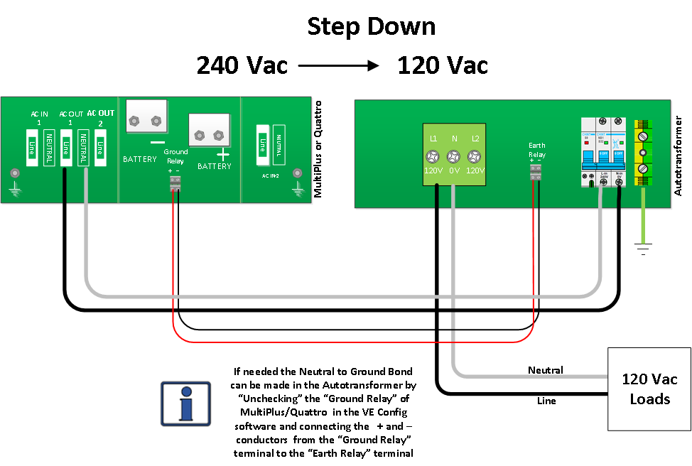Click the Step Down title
(x=371, y=27)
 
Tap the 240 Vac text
(x=242, y=65)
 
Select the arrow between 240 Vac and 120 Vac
(x=340, y=65)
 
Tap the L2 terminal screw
(x=475, y=157)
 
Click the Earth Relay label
(x=536, y=150)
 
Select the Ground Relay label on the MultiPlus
(x=175, y=156)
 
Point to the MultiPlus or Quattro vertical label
(x=318, y=149)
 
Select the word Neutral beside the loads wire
(x=545, y=370)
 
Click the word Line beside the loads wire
(x=546, y=401)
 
